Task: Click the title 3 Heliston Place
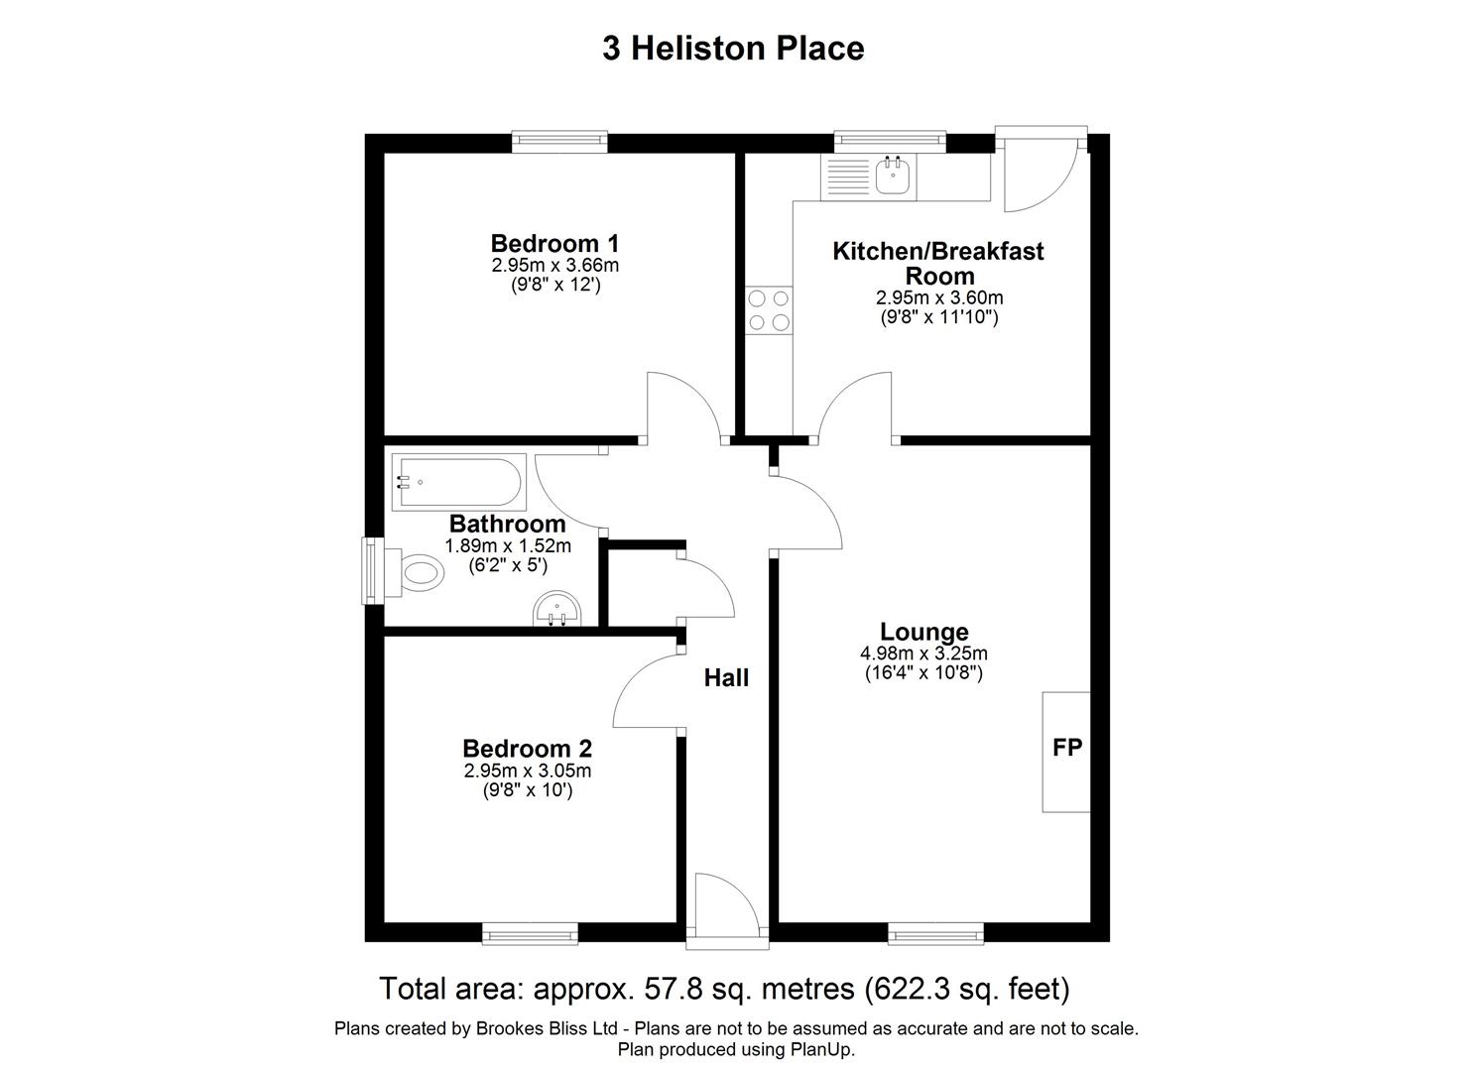[x=733, y=48]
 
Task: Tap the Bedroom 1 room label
[x=554, y=243]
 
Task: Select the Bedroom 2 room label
[x=527, y=749]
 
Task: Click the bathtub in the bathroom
[x=457, y=483]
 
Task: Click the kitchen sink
[x=894, y=178]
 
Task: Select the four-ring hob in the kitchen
[x=770, y=308]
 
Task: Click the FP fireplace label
[x=1067, y=749]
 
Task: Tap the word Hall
[x=726, y=678]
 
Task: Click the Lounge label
[x=923, y=632]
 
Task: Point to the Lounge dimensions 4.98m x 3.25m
[x=923, y=654]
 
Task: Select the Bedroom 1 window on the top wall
[x=559, y=142]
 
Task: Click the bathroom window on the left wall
[x=373, y=570]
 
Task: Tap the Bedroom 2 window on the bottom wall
[x=530, y=933]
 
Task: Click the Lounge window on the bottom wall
[x=935, y=933]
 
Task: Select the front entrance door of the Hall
[x=727, y=904]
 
